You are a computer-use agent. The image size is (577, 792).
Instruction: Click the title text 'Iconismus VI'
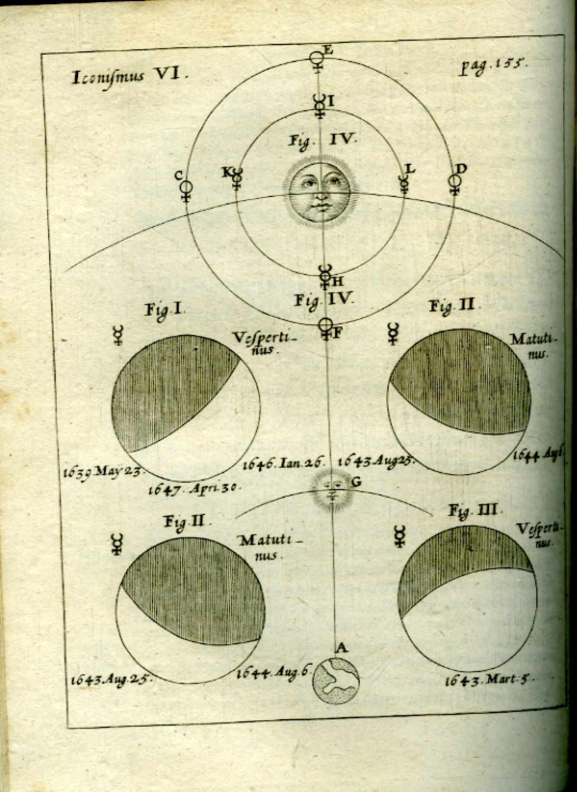coord(129,77)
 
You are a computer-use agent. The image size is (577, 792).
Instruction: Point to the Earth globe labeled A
coord(336,681)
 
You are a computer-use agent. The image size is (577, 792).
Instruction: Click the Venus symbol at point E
coord(317,60)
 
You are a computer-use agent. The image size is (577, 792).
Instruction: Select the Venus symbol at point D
coord(454,184)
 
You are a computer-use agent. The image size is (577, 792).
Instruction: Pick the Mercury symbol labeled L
coord(405,183)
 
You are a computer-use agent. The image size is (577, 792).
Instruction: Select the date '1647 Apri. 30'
coord(195,488)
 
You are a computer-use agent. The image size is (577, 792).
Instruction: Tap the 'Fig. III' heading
coord(474,511)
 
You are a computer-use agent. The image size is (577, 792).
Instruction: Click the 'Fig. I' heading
coord(164,310)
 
